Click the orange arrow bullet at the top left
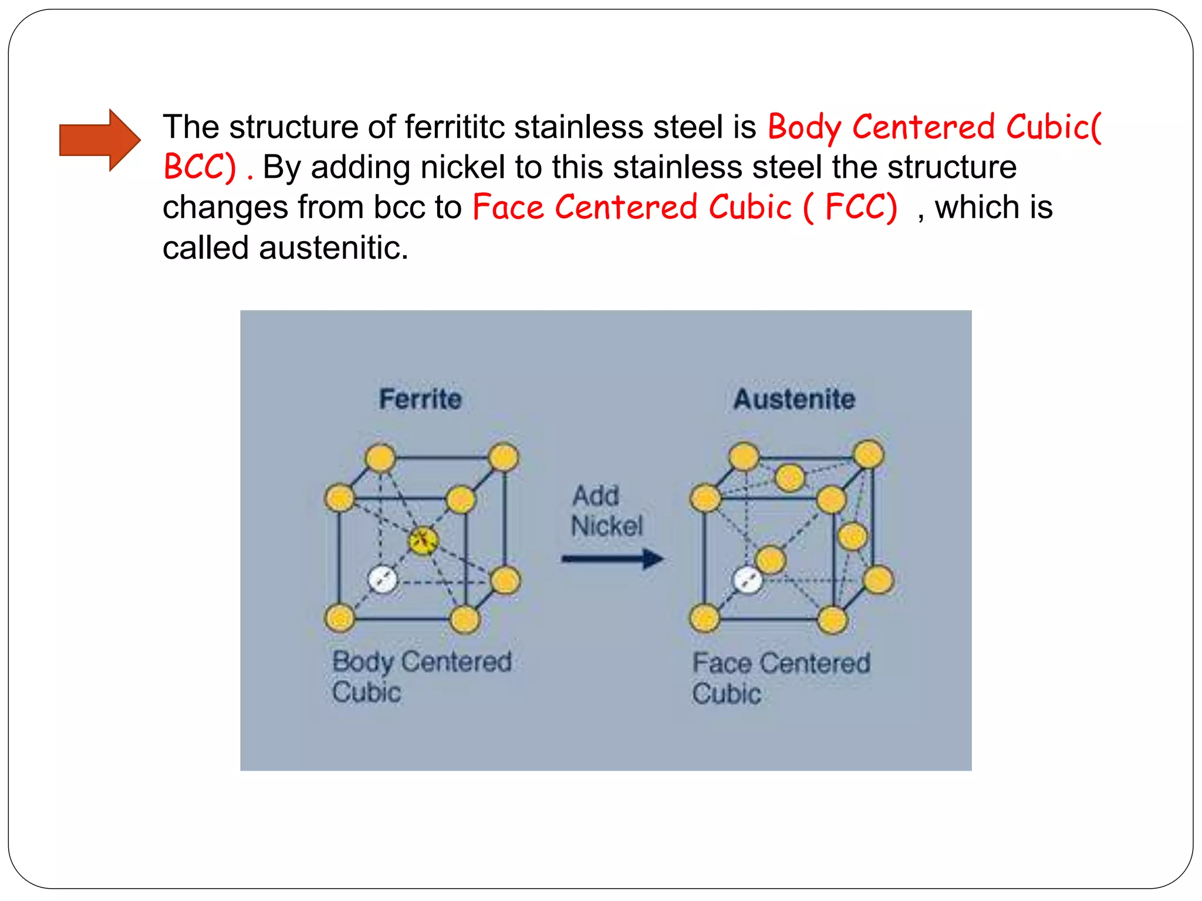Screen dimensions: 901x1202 (99, 140)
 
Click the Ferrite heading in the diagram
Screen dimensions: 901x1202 (420, 399)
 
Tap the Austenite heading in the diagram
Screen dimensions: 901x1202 (794, 399)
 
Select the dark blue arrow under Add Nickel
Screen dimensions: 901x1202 (612, 558)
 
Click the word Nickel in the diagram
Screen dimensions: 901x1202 (607, 526)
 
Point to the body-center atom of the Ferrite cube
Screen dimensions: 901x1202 (423, 540)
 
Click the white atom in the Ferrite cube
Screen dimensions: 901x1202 (382, 580)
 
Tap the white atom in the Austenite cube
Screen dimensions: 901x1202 (748, 581)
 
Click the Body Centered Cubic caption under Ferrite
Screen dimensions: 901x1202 (421, 676)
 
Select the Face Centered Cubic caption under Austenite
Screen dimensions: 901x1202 (781, 678)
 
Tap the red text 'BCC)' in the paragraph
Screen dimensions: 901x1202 (200, 167)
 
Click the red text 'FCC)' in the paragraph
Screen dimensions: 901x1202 (861, 207)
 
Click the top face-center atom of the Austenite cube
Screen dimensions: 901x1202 (789, 477)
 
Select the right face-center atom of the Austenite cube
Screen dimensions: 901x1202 (852, 536)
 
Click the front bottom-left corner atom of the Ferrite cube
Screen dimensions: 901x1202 (340, 618)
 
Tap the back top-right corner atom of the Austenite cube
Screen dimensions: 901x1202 (868, 455)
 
